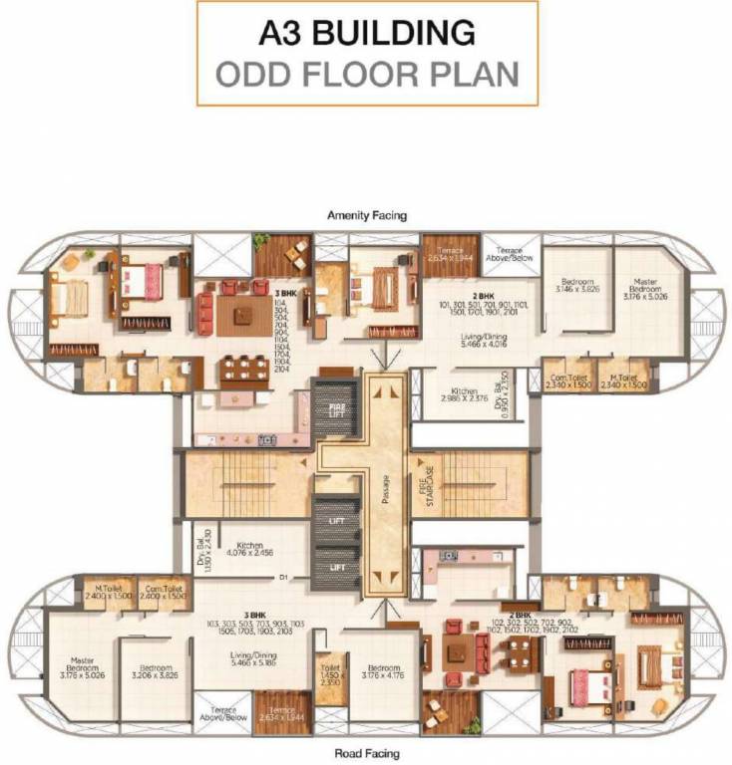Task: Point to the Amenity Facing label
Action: [x=367, y=215]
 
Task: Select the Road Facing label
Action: [x=367, y=754]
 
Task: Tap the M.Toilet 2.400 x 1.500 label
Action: [x=106, y=590]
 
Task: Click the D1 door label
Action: [x=283, y=577]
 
